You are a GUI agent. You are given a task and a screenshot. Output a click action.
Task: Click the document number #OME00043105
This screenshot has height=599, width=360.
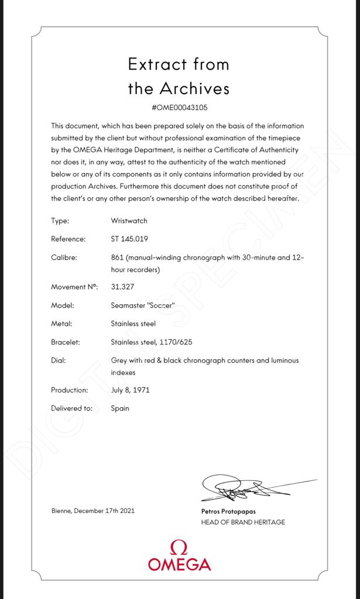coord(179,108)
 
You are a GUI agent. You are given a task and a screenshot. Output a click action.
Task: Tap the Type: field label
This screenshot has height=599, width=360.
coord(60,221)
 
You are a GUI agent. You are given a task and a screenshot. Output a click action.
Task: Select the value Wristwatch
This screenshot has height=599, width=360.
coord(129,221)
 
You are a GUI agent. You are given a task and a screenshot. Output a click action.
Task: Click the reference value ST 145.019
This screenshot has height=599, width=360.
coord(131,239)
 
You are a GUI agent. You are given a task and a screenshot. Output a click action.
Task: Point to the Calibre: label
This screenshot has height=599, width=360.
coord(64,257)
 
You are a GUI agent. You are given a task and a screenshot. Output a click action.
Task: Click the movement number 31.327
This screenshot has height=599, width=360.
coord(122,287)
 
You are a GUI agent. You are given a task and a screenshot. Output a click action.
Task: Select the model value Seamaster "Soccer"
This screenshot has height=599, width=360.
coord(143,305)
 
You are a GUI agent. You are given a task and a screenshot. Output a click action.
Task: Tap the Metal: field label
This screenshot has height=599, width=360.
coord(61,323)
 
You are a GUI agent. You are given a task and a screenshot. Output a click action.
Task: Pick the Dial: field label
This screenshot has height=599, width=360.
coord(59,360)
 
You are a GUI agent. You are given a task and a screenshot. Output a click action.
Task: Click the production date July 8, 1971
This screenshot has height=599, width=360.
coord(130,390)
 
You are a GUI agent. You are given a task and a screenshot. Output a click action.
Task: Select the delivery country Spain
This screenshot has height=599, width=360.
coord(120,408)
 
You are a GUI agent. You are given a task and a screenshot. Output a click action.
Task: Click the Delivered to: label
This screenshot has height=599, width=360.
coord(72,408)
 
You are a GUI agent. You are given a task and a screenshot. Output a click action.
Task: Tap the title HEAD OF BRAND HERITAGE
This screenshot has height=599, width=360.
coord(243,522)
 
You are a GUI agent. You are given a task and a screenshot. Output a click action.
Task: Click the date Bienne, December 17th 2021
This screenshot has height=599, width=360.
coord(93,511)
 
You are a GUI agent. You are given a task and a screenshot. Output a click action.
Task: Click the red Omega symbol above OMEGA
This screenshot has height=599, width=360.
coord(179,548)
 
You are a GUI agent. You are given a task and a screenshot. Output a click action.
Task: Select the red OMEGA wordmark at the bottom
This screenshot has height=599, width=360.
coord(179,564)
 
